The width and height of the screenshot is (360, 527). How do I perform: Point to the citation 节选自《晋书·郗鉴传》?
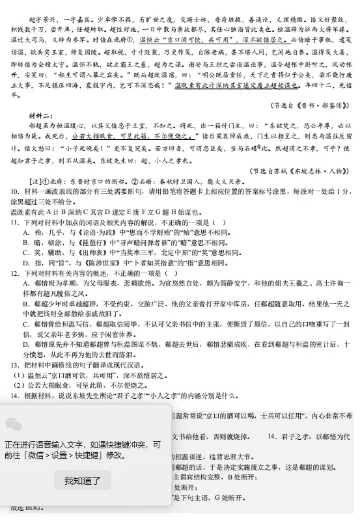309,104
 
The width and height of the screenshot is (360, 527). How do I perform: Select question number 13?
14,365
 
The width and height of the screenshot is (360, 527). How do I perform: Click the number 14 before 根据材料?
14,395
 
